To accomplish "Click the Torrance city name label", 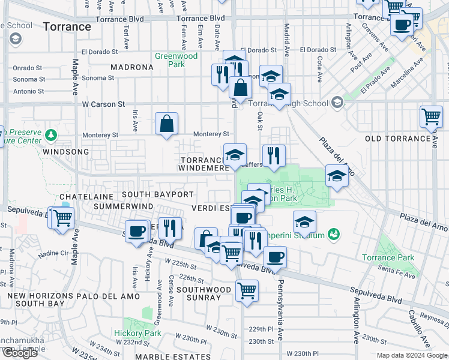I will click(x=67, y=27).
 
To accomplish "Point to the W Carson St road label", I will click(x=103, y=104).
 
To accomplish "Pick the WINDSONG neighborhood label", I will click(x=41, y=152).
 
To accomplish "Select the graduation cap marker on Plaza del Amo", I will click(x=337, y=176).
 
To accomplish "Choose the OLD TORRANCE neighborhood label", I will click(x=398, y=139).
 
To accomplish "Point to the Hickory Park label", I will click(x=137, y=333).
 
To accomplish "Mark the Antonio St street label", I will click(x=29, y=91).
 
